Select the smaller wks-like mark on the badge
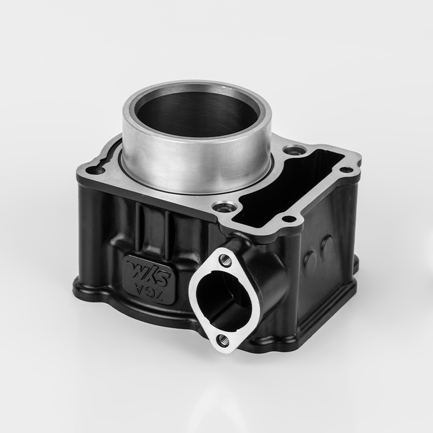(135, 267)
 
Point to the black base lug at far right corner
(355, 264)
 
